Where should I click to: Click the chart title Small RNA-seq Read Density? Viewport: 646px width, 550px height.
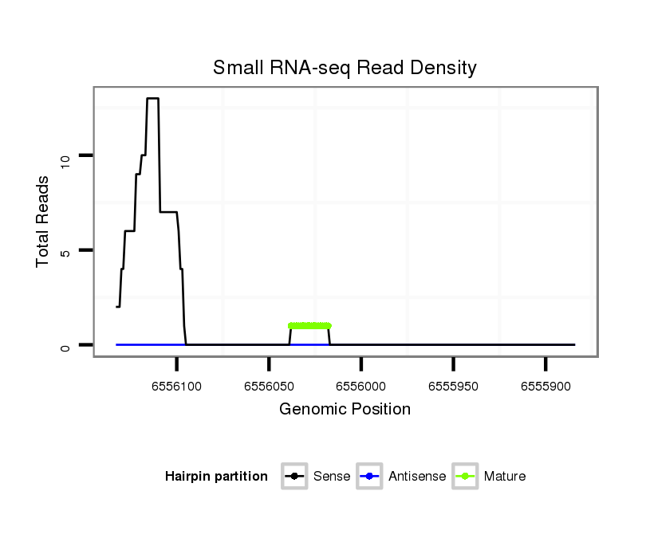[x=345, y=68]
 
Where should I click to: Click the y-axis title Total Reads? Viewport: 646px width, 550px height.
[x=43, y=222]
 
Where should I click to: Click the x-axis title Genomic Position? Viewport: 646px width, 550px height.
[x=345, y=410]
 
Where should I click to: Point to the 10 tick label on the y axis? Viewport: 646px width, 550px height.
[x=66, y=155]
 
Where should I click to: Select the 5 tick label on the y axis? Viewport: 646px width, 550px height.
[x=66, y=250]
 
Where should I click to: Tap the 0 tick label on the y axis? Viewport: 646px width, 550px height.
[x=66, y=345]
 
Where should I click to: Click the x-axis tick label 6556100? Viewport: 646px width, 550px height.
[x=176, y=386]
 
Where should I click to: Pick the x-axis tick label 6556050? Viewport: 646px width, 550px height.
[x=269, y=386]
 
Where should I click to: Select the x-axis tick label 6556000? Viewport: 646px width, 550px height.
[x=361, y=386]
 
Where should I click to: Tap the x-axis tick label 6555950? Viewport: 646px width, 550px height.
[x=453, y=386]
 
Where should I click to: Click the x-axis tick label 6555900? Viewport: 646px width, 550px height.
[x=546, y=386]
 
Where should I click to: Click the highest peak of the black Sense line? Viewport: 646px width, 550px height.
[x=152, y=99]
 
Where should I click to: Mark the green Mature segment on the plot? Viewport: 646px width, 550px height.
[x=309, y=325]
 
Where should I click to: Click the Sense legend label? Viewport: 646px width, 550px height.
[x=332, y=477]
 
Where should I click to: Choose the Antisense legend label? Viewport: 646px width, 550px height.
[x=417, y=477]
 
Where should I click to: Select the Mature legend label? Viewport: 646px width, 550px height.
[x=505, y=477]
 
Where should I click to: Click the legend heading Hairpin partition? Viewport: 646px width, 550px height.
[x=216, y=477]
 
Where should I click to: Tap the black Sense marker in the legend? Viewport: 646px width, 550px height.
[x=294, y=477]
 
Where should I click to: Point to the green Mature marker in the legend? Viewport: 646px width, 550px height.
[x=465, y=477]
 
